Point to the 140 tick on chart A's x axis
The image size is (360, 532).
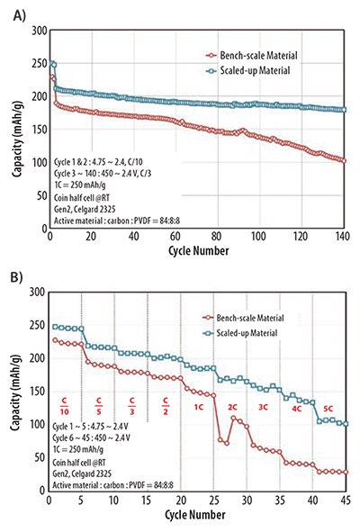coord(343,235)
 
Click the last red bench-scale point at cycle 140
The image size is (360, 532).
coord(343,160)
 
